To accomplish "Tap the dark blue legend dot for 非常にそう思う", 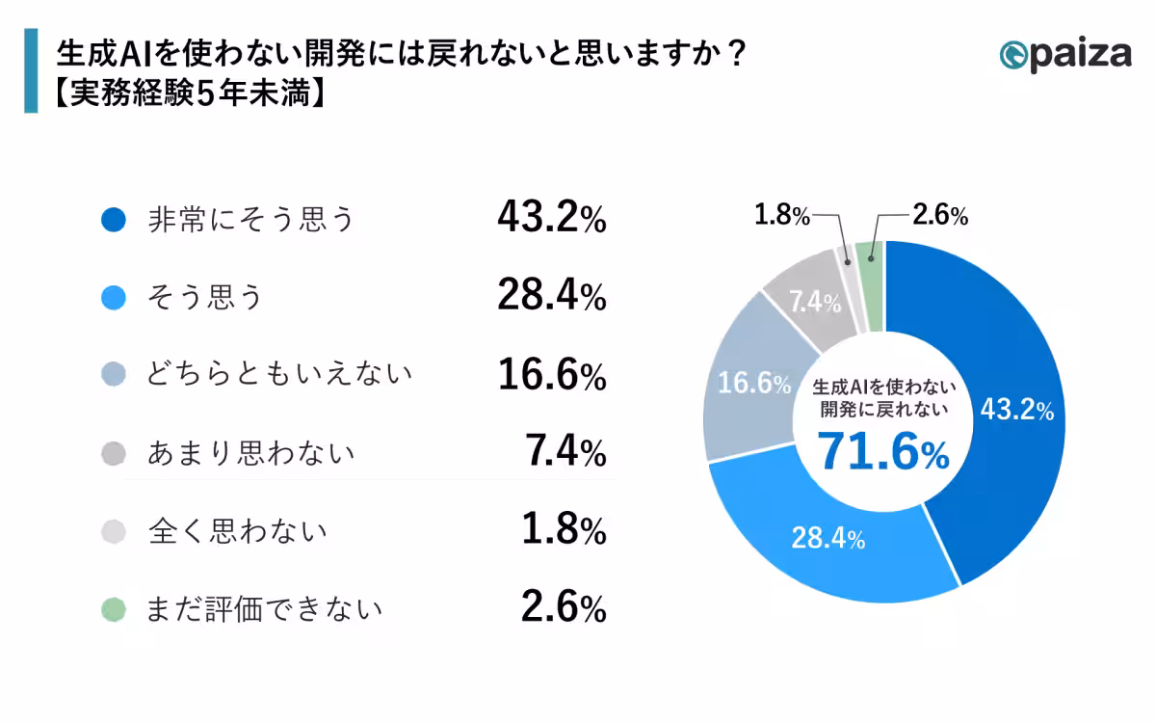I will (x=114, y=221).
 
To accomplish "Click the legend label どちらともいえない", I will (x=279, y=375).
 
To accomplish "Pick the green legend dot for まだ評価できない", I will (x=114, y=609).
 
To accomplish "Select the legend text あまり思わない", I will (x=250, y=453).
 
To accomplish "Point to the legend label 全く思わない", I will (x=237, y=531).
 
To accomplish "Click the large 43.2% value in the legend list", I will (x=551, y=220).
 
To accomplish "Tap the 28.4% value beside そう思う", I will (x=551, y=298).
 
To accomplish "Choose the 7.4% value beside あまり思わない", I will (x=565, y=453).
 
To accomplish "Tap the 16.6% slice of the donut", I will (x=751, y=383).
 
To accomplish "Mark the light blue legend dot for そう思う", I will (x=114, y=299).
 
